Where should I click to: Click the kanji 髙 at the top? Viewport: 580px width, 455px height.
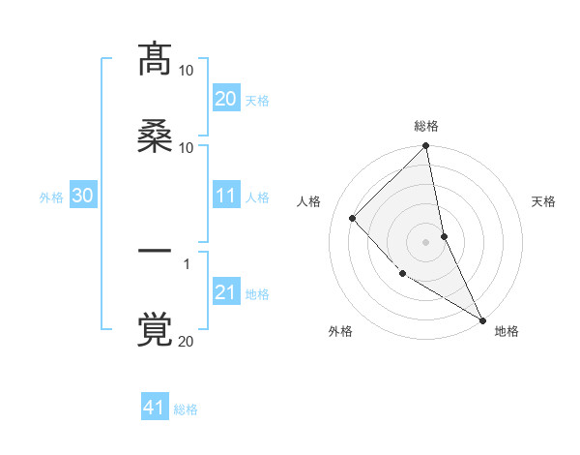point(155,59)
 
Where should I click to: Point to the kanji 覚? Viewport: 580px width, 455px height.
point(155,328)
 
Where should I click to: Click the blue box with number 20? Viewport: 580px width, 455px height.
point(226,99)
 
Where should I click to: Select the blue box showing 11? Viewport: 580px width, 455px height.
point(226,196)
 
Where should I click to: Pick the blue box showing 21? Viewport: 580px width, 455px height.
point(226,292)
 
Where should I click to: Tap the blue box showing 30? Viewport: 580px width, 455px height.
point(83,196)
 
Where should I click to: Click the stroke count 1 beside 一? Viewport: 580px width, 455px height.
point(187,263)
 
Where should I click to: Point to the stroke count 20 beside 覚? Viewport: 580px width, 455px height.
point(187,341)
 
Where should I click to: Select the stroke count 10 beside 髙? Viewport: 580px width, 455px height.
point(187,71)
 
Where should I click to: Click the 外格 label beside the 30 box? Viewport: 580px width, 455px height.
point(51,197)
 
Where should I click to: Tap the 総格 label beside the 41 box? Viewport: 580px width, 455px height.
point(186,409)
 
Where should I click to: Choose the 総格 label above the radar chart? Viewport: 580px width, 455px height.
point(426,127)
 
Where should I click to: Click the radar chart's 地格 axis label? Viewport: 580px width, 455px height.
point(507,331)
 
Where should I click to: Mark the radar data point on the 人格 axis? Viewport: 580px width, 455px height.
point(353,218)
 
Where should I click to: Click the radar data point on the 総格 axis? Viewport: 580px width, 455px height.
point(426,147)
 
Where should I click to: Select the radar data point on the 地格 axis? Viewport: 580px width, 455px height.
point(481,318)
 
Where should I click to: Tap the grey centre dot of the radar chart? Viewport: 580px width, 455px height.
point(426,241)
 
